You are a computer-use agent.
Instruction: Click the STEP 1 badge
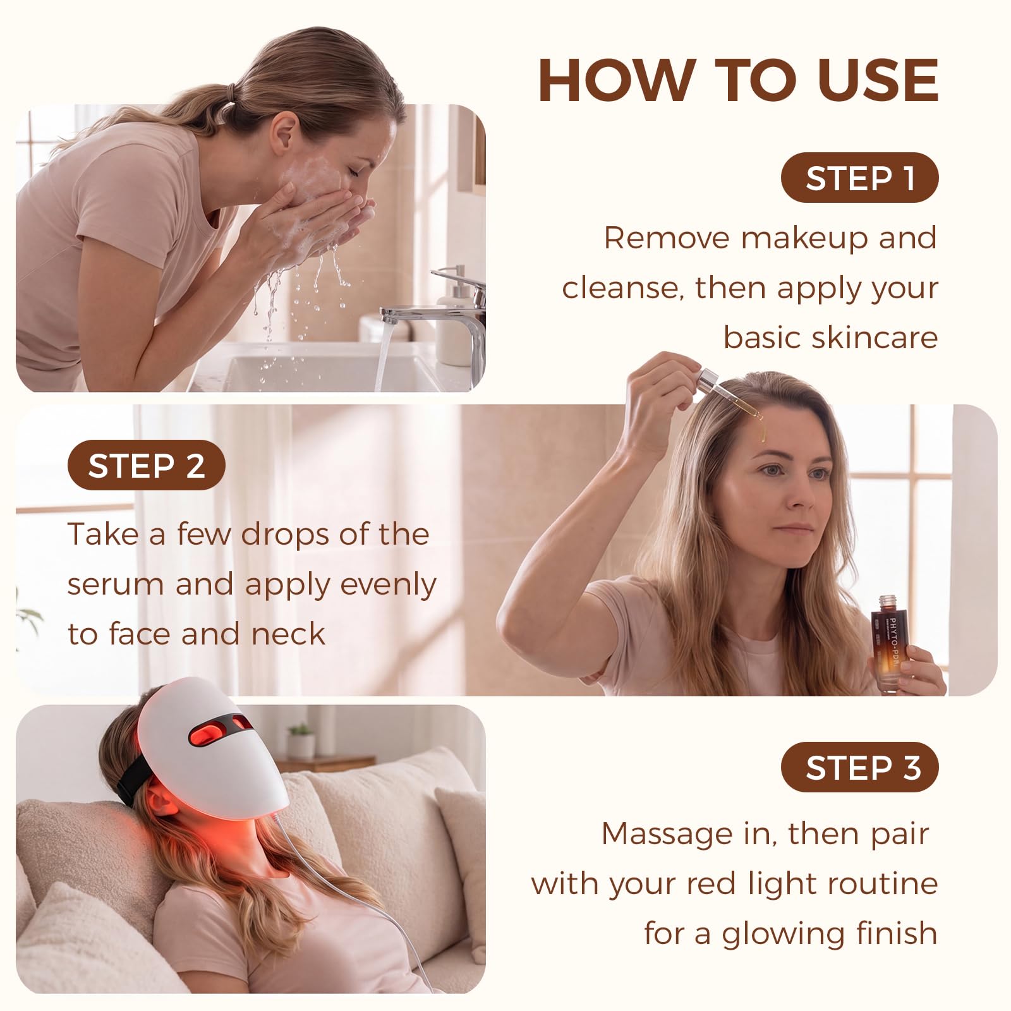pyautogui.click(x=860, y=178)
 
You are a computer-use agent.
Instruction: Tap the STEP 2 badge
pyautogui.click(x=147, y=465)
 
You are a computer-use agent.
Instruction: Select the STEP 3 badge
pyautogui.click(x=860, y=768)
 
